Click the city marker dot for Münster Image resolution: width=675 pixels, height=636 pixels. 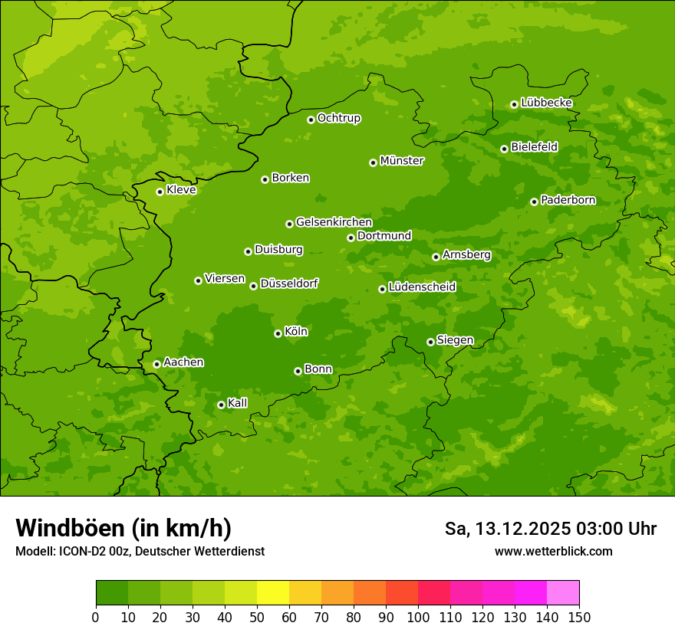click(374, 162)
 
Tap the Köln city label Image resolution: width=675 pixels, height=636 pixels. click(296, 332)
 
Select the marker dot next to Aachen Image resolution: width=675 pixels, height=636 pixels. click(156, 364)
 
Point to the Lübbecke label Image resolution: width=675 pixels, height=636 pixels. click(546, 103)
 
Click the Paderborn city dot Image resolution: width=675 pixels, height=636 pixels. click(534, 202)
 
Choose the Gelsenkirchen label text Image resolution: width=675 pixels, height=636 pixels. click(334, 222)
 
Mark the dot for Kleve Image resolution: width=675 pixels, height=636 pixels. click(160, 192)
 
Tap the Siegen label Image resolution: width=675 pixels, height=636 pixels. click(455, 340)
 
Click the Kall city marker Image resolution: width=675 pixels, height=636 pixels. click(221, 405)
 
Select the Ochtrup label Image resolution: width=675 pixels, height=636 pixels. click(338, 118)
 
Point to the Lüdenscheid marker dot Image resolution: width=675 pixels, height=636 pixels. click(382, 289)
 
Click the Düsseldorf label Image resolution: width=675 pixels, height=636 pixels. click(289, 284)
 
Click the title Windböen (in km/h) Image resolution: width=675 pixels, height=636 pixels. click(123, 528)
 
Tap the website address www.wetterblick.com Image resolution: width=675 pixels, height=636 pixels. click(553, 551)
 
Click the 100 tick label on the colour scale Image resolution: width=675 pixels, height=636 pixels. click(418, 617)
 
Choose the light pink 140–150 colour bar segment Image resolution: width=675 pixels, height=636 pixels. click(563, 593)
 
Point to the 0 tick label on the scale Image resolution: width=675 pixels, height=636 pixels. click(96, 617)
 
